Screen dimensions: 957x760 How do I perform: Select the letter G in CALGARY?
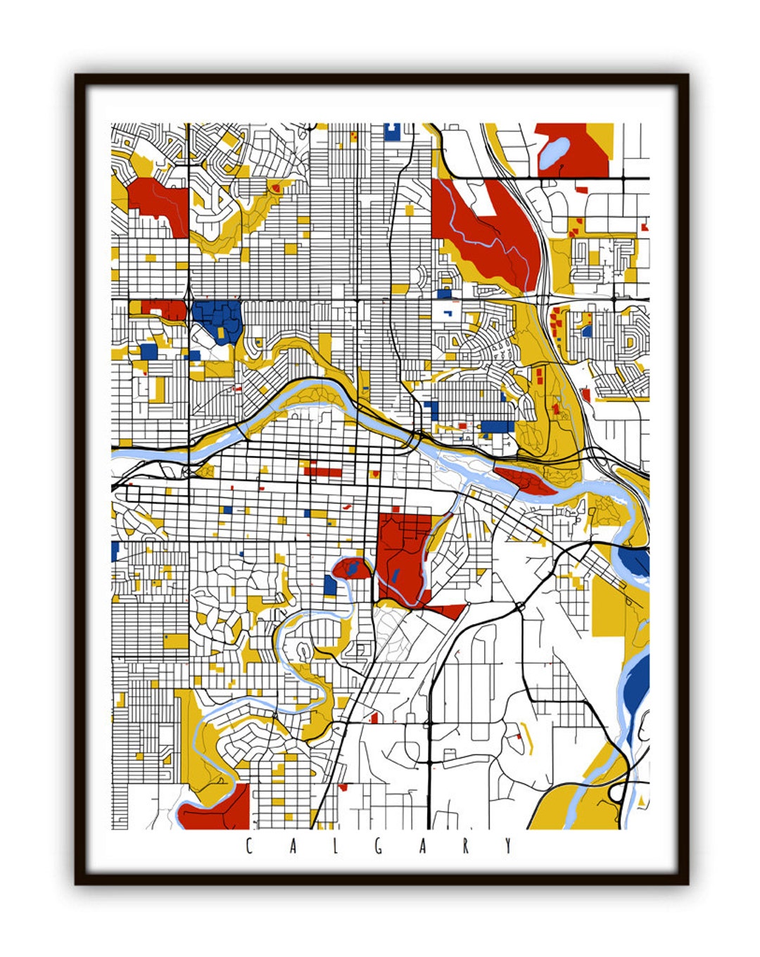coord(379,846)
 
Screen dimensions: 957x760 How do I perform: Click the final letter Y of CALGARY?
coord(509,846)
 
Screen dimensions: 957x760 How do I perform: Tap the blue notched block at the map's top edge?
coord(392,131)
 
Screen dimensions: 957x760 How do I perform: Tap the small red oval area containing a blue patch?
coord(352,569)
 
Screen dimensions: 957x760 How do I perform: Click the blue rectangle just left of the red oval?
coord(329,585)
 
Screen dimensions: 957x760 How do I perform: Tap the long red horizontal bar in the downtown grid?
coord(323,472)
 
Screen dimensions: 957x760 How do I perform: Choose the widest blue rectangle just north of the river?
coord(498,426)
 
